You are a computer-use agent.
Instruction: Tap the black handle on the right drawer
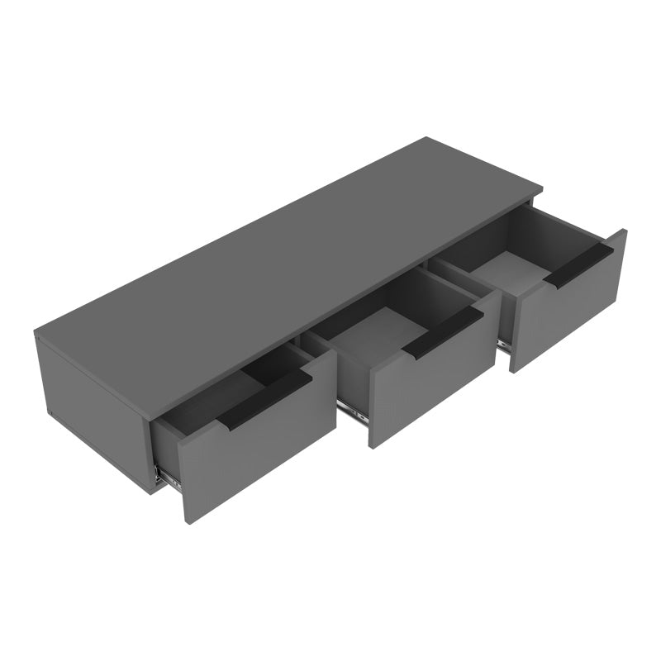click(578, 264)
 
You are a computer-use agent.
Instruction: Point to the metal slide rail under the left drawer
click(168, 477)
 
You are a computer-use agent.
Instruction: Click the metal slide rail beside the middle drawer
click(353, 411)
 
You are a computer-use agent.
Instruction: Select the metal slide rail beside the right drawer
click(503, 345)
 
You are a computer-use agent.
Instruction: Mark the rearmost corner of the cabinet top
click(426, 137)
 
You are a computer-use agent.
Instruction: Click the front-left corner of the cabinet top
click(35, 334)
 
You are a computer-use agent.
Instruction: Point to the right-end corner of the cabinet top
click(542, 188)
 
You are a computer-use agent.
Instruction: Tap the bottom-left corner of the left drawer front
click(183, 522)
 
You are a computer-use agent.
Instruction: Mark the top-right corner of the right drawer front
click(626, 231)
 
